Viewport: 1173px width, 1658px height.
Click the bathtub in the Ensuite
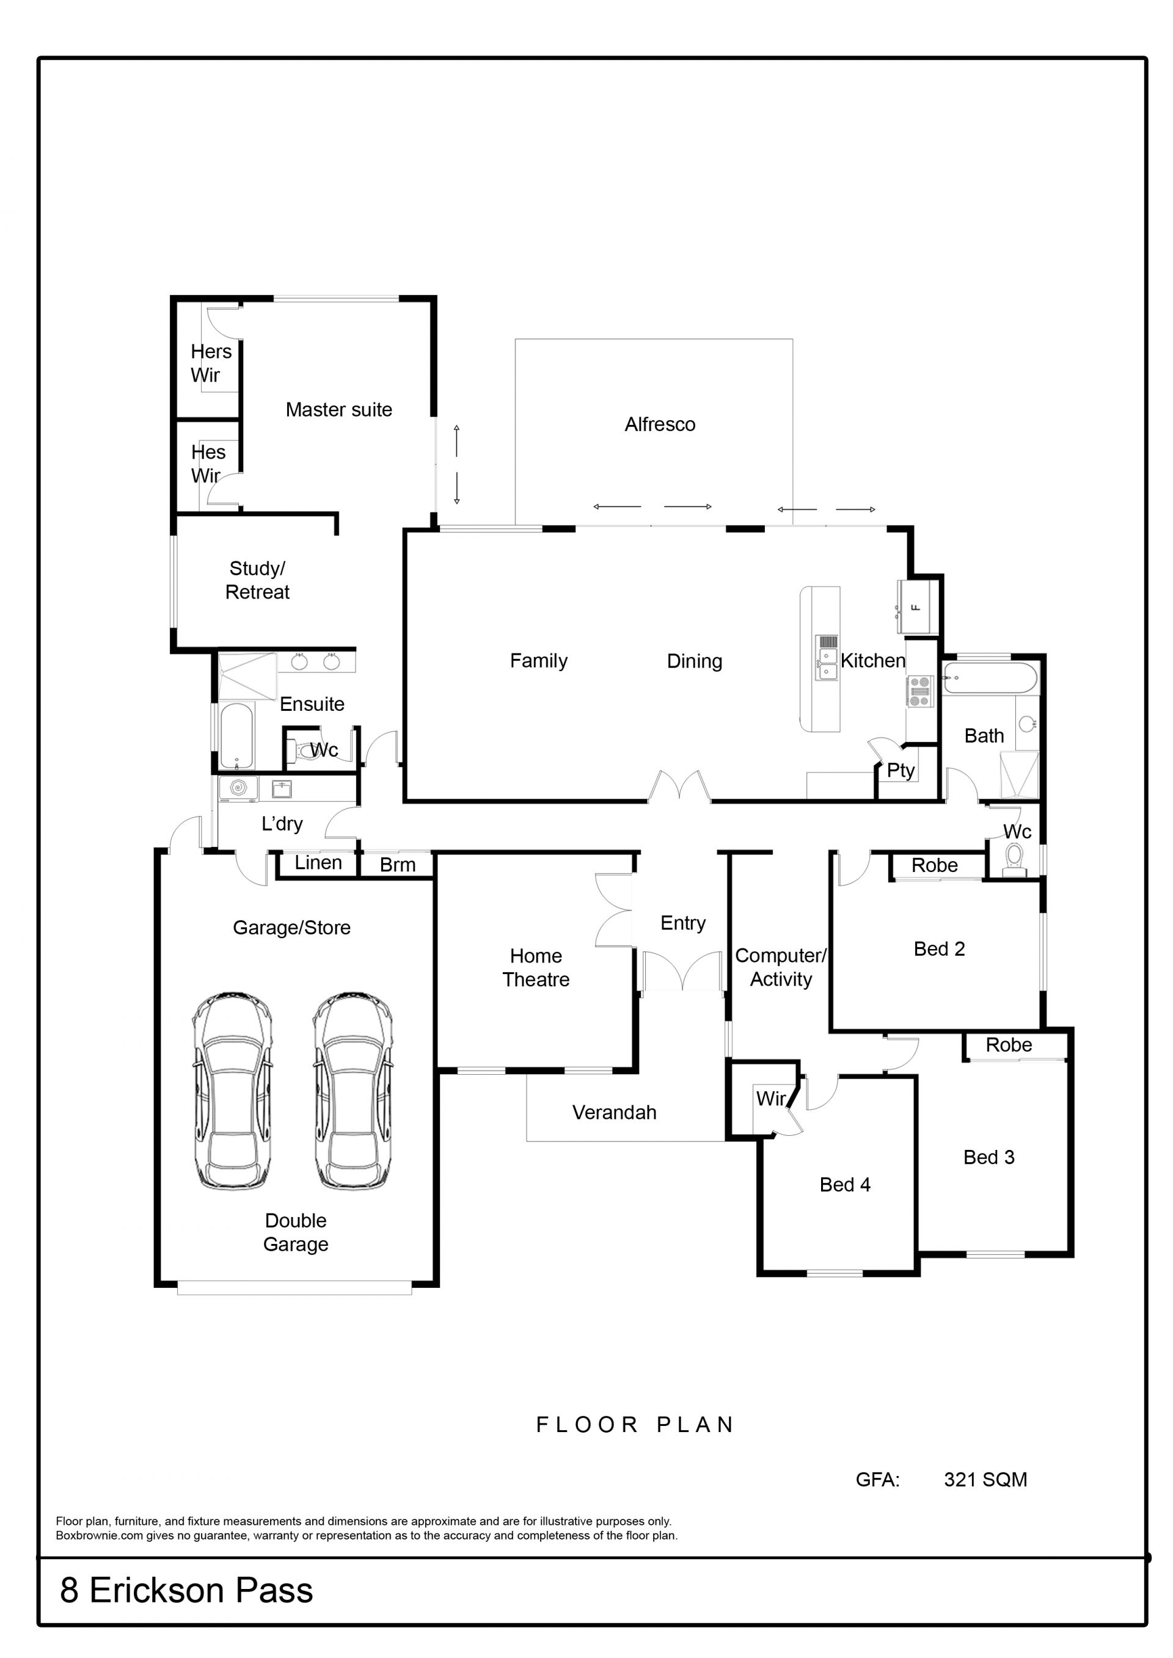click(x=236, y=736)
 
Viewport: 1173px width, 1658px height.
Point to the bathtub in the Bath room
click(x=990, y=678)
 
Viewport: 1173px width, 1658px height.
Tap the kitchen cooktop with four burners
click(x=919, y=691)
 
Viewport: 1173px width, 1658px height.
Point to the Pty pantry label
click(x=901, y=771)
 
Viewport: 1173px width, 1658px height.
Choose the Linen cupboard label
click(x=318, y=862)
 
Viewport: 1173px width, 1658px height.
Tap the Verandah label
click(x=614, y=1112)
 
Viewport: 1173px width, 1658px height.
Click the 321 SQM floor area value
click(x=985, y=1479)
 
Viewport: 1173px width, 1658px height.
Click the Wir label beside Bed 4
click(x=770, y=1099)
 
